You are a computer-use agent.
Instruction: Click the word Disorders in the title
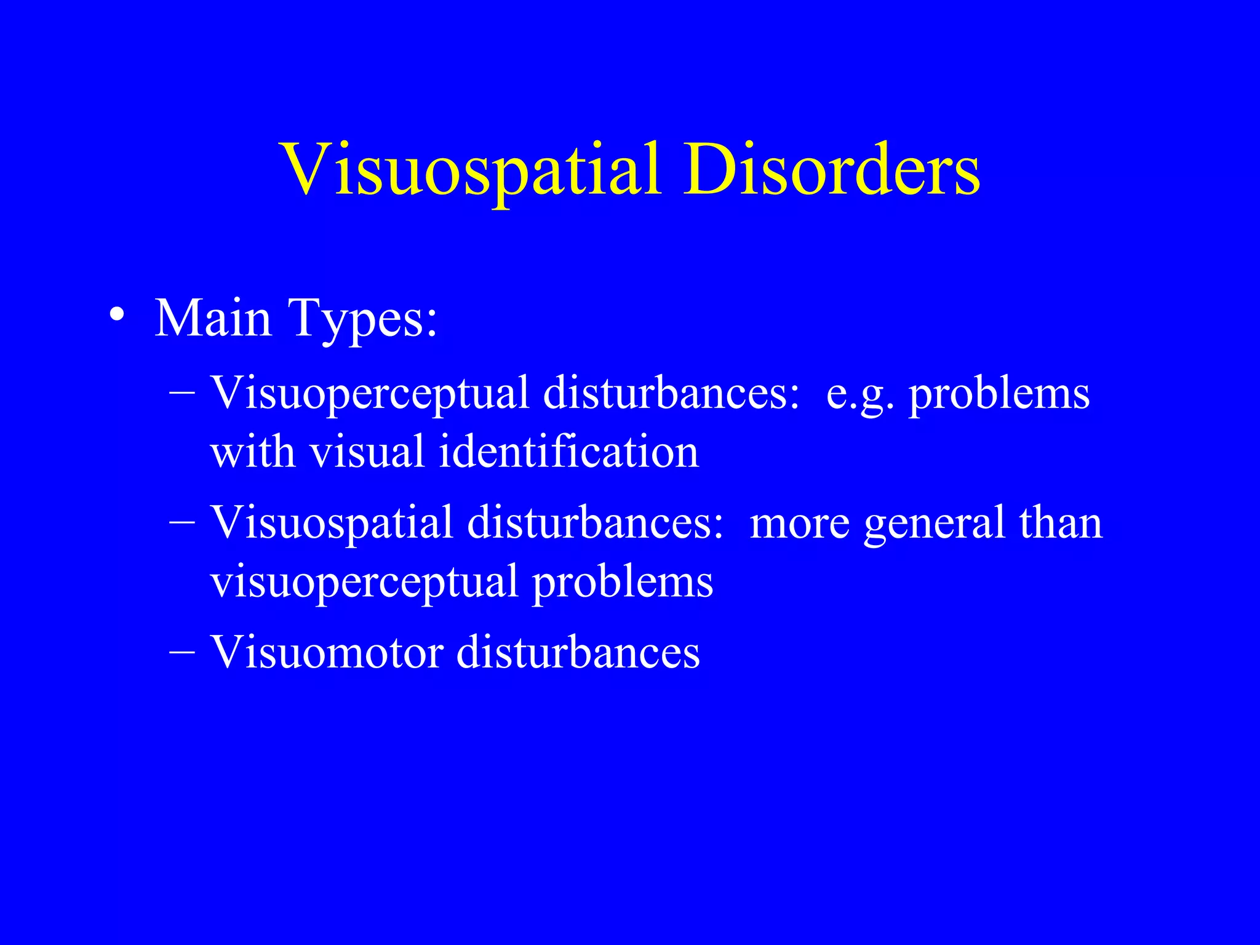click(832, 170)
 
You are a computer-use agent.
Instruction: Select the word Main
click(213, 318)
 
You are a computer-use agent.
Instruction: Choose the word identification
click(569, 451)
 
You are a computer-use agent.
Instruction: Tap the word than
click(1061, 523)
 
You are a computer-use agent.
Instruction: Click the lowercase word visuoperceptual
click(364, 582)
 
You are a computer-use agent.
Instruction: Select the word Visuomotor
click(327, 652)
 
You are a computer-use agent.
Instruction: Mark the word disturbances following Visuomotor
click(578, 652)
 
